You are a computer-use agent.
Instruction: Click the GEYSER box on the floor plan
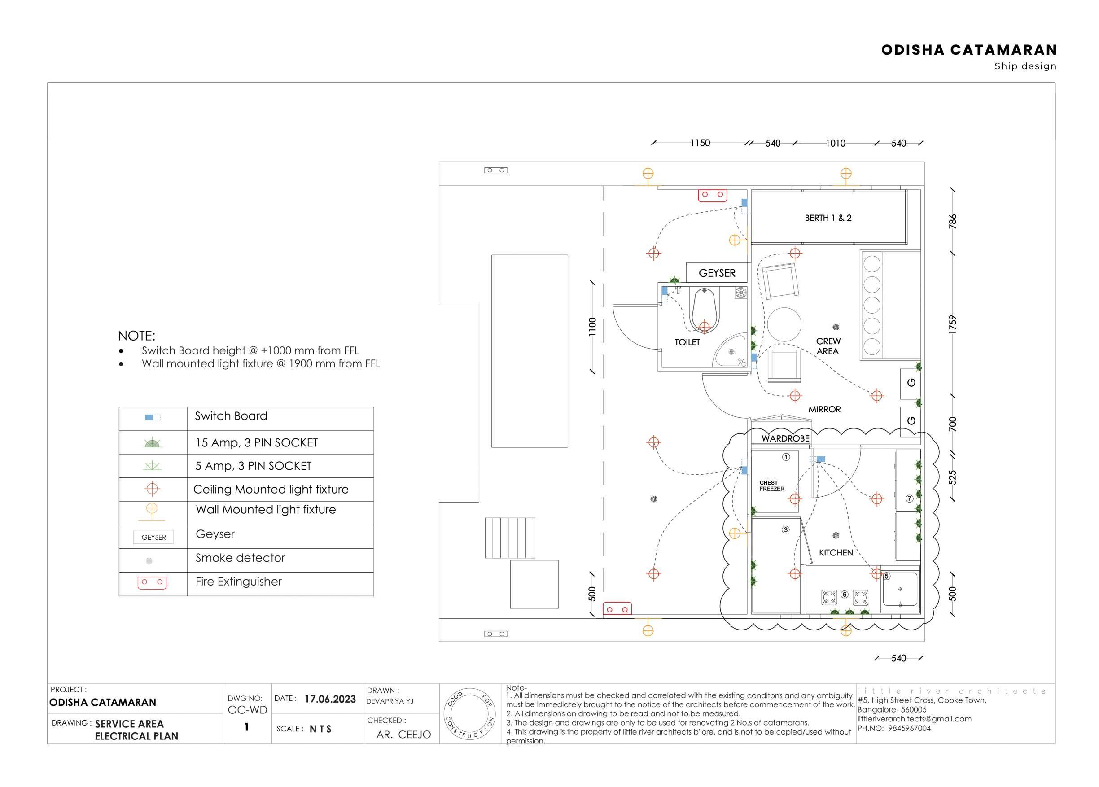[x=717, y=273]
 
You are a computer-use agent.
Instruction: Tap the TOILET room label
[x=687, y=342]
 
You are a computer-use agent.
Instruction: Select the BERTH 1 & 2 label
[x=828, y=218]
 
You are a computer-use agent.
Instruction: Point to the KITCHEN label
[x=836, y=552]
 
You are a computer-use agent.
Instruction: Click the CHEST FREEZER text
[x=771, y=485]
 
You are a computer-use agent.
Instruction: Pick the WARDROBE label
[x=785, y=438]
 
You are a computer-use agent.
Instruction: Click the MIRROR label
[x=824, y=410]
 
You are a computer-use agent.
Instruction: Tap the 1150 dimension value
[x=700, y=143]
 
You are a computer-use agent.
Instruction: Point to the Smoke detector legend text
[x=240, y=558]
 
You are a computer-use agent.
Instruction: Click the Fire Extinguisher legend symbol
[x=152, y=582]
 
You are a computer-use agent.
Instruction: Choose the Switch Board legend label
[x=231, y=416]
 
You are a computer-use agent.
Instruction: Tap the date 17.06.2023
[x=330, y=699]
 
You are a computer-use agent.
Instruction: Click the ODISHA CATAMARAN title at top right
[x=969, y=50]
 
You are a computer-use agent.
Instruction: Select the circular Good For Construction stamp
[x=469, y=713]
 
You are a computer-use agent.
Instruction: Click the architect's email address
[x=915, y=719]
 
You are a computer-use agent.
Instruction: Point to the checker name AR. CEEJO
[x=403, y=735]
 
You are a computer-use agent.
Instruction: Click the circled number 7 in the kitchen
[x=910, y=498]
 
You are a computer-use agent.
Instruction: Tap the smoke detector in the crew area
[x=836, y=327]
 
